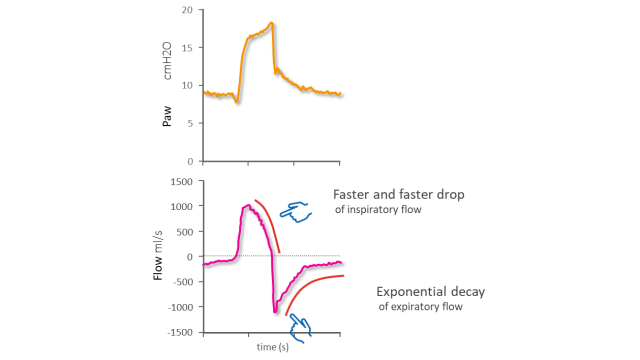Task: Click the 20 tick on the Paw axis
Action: coord(187,10)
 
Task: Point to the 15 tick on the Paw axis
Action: coord(187,47)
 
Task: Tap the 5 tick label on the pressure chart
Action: coord(190,123)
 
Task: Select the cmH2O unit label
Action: coord(167,61)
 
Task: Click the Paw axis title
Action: coord(167,116)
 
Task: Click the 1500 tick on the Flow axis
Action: coord(182,182)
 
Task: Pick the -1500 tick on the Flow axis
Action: coord(180,333)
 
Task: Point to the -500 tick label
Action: coord(183,282)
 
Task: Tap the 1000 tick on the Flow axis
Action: coord(182,207)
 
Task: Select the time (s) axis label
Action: coord(273,347)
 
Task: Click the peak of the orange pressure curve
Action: coord(271,23)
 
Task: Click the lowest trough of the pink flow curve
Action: coord(275,312)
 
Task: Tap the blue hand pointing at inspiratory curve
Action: coord(296,212)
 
